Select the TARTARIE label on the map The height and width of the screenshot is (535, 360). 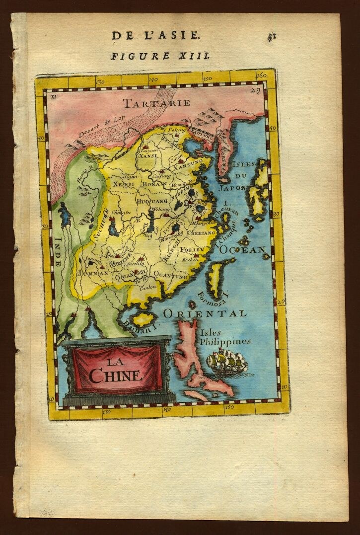(157, 103)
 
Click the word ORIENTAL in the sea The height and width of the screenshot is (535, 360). (204, 314)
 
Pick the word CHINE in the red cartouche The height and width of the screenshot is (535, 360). (115, 376)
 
